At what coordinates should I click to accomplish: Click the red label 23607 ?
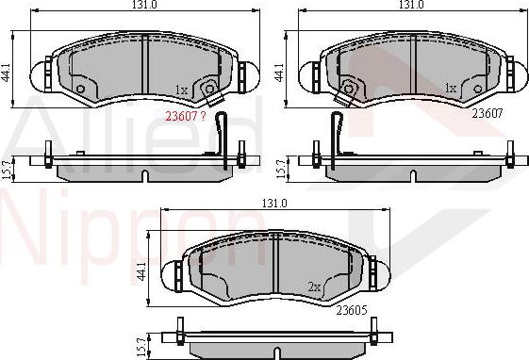tap(185, 118)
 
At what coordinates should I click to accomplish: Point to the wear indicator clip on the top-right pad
tap(349, 90)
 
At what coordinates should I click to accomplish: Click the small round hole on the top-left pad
tap(80, 90)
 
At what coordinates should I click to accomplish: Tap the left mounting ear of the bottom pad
tap(176, 273)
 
